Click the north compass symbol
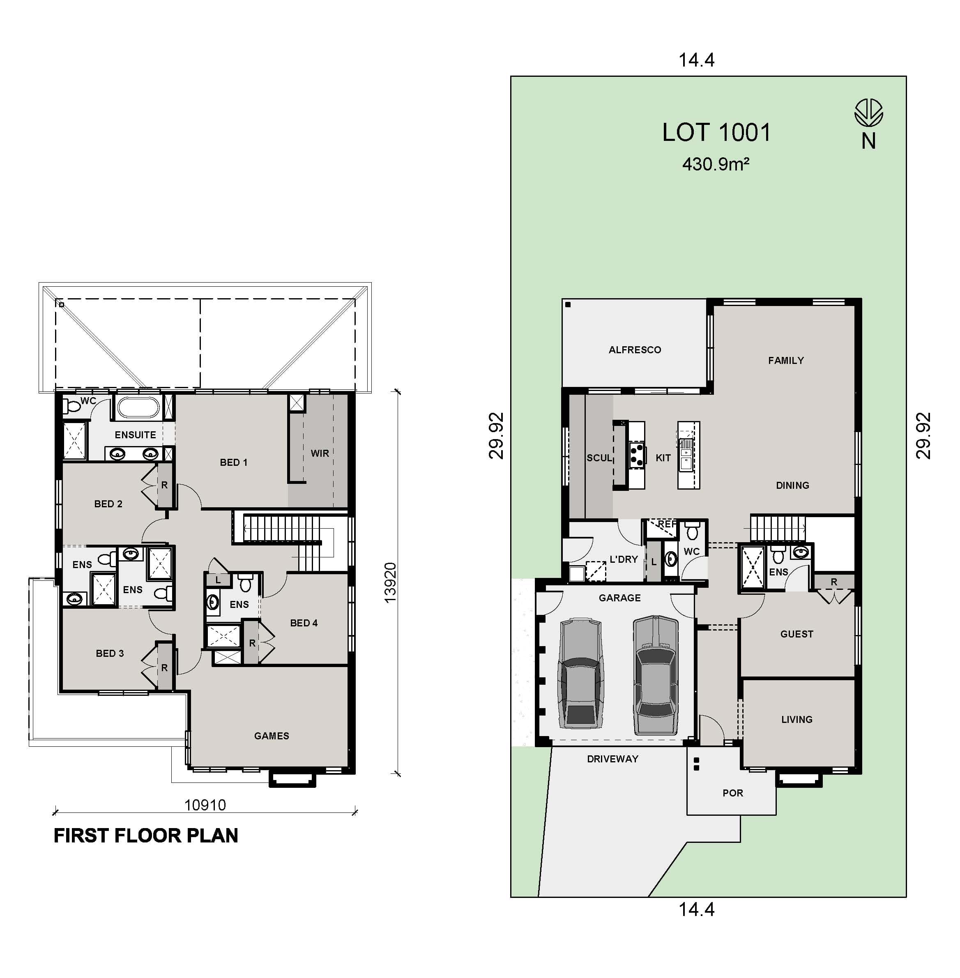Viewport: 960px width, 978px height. tap(868, 113)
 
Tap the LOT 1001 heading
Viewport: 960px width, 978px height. tap(716, 133)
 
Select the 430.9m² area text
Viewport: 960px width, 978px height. tap(716, 164)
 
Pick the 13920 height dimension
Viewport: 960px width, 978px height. tap(390, 582)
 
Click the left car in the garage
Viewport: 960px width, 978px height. tap(580, 674)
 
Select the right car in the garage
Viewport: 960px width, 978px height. tap(656, 674)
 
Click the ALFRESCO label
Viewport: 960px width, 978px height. tap(634, 350)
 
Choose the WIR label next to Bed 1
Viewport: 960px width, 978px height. tap(320, 453)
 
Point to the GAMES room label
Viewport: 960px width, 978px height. tap(271, 736)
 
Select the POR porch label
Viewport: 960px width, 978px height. tap(732, 793)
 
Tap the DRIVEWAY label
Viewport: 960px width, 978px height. tap(612, 759)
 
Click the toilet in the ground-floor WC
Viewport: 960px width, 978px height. tap(692, 532)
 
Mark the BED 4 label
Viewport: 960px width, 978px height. tap(304, 623)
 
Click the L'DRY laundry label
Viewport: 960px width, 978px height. tap(624, 559)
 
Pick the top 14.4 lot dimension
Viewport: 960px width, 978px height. tap(696, 60)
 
